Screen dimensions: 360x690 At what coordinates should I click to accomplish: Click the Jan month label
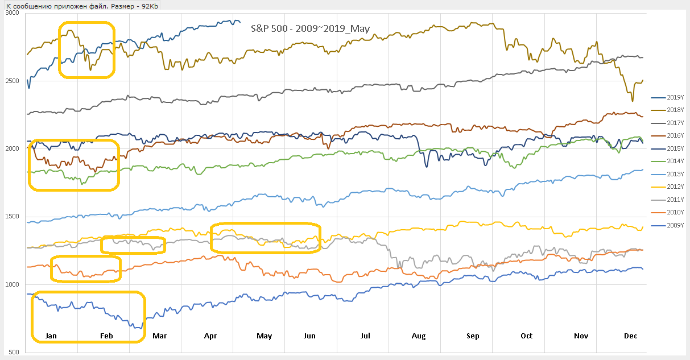[x=51, y=336]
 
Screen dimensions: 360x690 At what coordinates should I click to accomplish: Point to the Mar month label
[x=160, y=336]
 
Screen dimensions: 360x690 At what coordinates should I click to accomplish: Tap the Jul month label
[x=365, y=336]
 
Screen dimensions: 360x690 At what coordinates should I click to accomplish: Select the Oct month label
[x=527, y=336]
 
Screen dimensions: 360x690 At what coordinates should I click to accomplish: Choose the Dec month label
[x=630, y=336]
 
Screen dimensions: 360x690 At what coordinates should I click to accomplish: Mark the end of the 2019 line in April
[x=239, y=22]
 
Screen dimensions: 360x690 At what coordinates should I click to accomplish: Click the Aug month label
[x=419, y=336]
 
